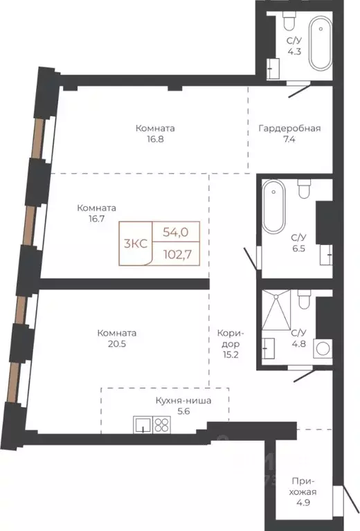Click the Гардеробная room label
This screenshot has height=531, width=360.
tap(289, 128)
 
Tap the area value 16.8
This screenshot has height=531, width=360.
tap(155, 139)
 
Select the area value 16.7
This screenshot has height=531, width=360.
tap(96, 219)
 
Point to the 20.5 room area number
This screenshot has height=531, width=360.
tap(117, 344)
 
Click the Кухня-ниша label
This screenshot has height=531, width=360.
tap(183, 401)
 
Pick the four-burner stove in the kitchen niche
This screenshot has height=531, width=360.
tap(161, 424)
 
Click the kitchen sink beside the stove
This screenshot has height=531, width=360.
tap(143, 424)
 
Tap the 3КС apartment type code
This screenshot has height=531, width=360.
tap(136, 244)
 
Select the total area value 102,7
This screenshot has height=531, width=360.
tap(177, 254)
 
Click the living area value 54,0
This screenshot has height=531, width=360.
tap(175, 233)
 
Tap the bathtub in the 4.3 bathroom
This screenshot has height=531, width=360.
tap(320, 43)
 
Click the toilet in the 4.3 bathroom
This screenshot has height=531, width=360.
tap(289, 21)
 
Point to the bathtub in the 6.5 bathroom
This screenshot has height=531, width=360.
tap(274, 206)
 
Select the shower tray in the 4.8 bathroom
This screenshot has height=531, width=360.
tap(276, 309)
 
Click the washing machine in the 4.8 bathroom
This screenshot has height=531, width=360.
tap(323, 348)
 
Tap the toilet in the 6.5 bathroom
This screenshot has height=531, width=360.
tap(304, 189)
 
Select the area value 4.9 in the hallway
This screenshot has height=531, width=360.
tap(303, 503)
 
